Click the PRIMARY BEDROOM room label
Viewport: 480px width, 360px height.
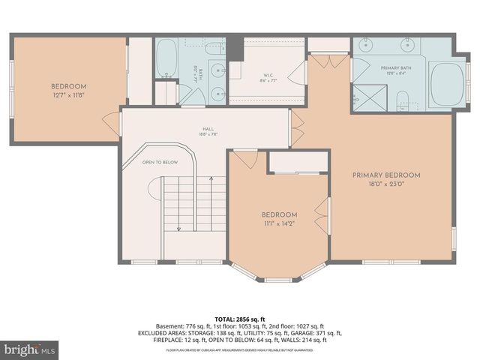[386, 175]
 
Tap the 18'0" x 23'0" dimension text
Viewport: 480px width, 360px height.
[386, 184]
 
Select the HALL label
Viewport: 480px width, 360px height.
[208, 128]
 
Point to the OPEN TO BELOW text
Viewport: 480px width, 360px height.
[160, 161]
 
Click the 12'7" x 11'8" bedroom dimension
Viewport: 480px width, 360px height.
[69, 95]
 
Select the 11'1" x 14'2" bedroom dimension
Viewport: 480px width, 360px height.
[279, 223]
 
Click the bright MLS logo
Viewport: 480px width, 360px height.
[30, 349]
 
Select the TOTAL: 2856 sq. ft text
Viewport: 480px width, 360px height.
[239, 319]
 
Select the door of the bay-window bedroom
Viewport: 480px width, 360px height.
[244, 159]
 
